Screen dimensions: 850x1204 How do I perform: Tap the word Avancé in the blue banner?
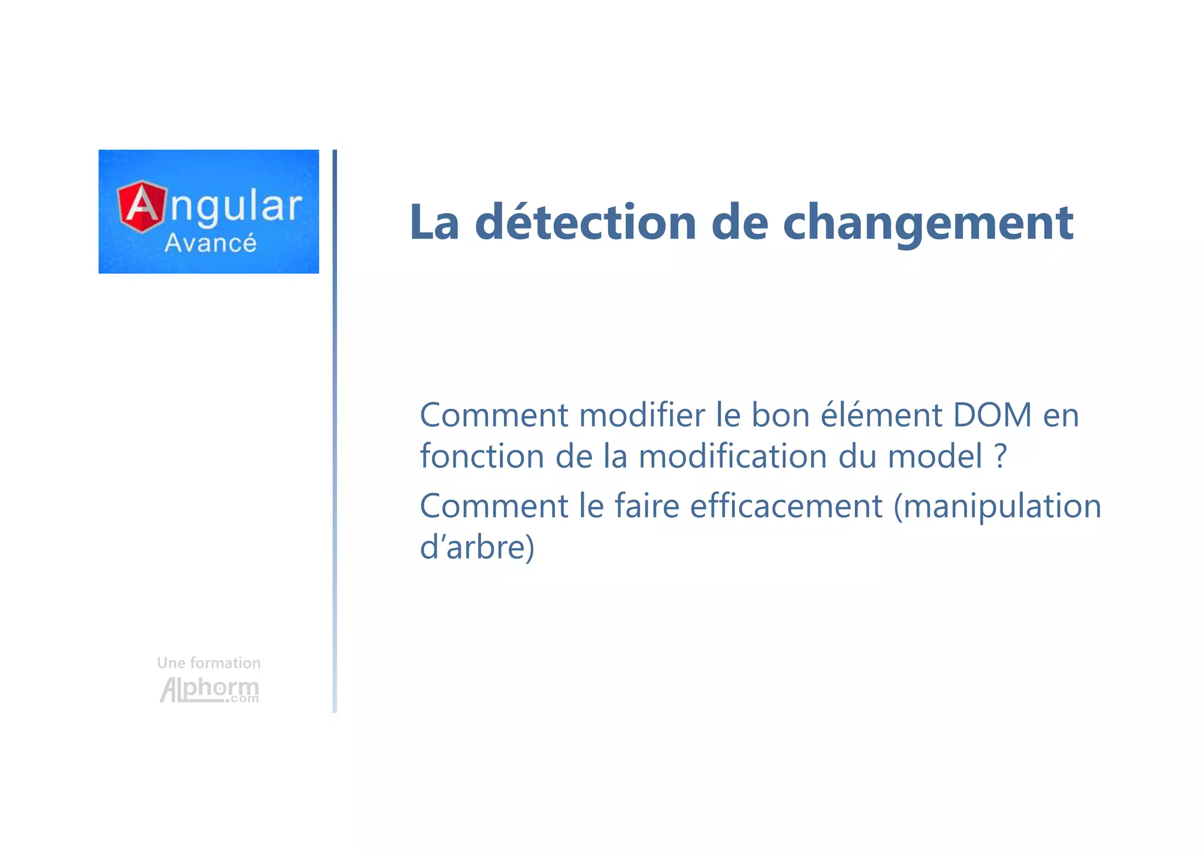pos(210,243)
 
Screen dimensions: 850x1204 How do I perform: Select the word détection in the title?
pos(586,223)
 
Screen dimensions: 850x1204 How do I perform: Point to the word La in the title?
pos(434,223)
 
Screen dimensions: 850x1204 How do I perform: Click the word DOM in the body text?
pos(992,415)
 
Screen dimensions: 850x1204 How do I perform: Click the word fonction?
pos(482,456)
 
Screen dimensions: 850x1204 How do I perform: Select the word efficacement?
pos(786,506)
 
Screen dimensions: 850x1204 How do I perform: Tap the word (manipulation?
pos(997,506)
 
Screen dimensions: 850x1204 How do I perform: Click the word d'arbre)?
pos(477,547)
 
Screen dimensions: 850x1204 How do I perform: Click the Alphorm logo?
pos(209,690)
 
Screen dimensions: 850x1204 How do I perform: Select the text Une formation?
pos(209,663)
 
